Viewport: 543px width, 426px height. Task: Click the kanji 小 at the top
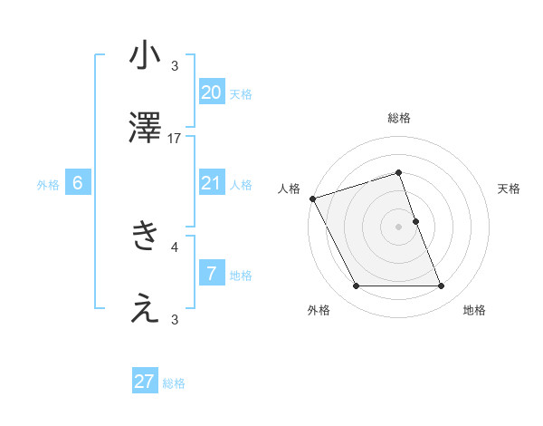pyautogui.click(x=145, y=56)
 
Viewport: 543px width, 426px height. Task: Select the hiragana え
pyautogui.click(x=145, y=309)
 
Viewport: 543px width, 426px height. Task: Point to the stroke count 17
pyautogui.click(x=175, y=139)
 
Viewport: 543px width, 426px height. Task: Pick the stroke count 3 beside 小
pyautogui.click(x=175, y=66)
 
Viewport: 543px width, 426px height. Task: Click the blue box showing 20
pyautogui.click(x=212, y=92)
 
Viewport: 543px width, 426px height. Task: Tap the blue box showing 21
pyautogui.click(x=212, y=183)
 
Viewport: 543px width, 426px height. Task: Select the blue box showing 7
pyautogui.click(x=212, y=274)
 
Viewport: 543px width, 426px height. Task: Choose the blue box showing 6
pyautogui.click(x=78, y=183)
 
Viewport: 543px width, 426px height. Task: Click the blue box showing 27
pyautogui.click(x=145, y=382)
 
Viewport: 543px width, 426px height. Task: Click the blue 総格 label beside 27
pyautogui.click(x=174, y=383)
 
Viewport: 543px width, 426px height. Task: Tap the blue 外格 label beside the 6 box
pyautogui.click(x=48, y=185)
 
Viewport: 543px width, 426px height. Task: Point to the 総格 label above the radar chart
pyautogui.click(x=399, y=118)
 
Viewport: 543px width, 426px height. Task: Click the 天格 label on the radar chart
pyautogui.click(x=509, y=189)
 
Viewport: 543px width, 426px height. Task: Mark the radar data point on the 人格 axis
pyautogui.click(x=312, y=198)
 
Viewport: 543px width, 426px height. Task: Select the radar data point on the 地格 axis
pyautogui.click(x=441, y=286)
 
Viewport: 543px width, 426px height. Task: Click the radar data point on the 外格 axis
pyautogui.click(x=356, y=286)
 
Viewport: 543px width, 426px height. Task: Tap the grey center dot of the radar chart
pyautogui.click(x=398, y=227)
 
